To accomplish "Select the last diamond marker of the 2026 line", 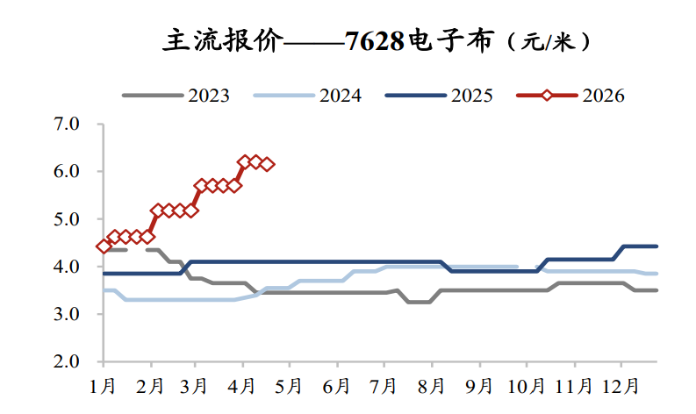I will click(x=267, y=164).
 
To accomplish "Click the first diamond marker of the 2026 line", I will click(x=104, y=246).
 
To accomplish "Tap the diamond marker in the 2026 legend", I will click(x=547, y=96).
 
